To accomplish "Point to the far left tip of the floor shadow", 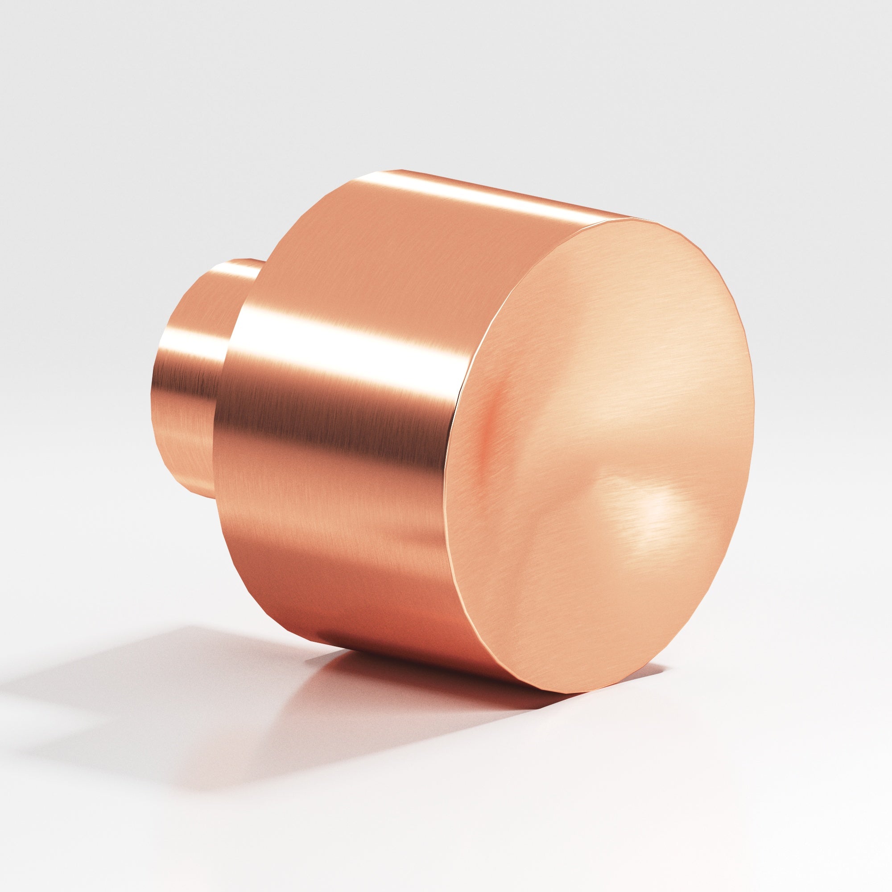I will click(18, 693).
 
